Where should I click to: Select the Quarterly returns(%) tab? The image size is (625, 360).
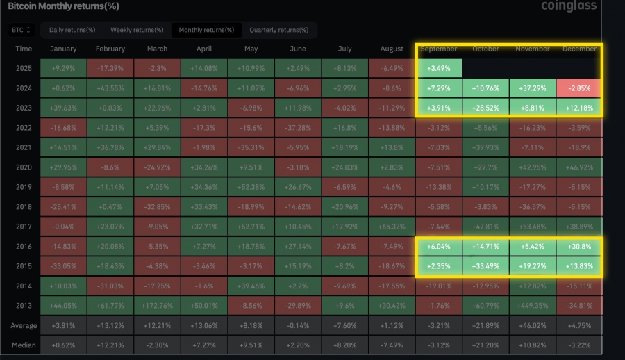(x=278, y=30)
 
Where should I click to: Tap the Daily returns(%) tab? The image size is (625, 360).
(x=72, y=30)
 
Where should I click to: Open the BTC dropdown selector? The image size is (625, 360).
(x=22, y=30)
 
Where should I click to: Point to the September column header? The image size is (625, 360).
(x=439, y=49)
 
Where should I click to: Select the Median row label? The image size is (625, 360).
(x=24, y=345)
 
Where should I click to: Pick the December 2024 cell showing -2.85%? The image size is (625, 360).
(x=579, y=88)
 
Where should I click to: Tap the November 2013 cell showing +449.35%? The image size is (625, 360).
(x=533, y=305)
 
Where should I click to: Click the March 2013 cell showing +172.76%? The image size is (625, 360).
(x=157, y=305)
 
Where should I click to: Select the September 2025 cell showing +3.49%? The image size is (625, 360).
(x=439, y=69)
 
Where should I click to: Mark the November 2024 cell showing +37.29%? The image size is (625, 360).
(x=533, y=88)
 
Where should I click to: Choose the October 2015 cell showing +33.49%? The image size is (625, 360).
(x=485, y=265)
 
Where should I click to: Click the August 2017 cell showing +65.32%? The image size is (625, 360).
(x=392, y=226)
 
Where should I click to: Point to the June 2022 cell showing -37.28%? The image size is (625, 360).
(x=298, y=128)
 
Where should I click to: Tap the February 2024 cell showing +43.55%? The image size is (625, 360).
(x=110, y=88)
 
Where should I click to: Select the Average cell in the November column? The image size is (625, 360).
(x=533, y=325)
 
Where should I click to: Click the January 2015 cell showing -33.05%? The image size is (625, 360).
(x=63, y=265)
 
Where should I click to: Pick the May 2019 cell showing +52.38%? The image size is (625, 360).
(x=251, y=187)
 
